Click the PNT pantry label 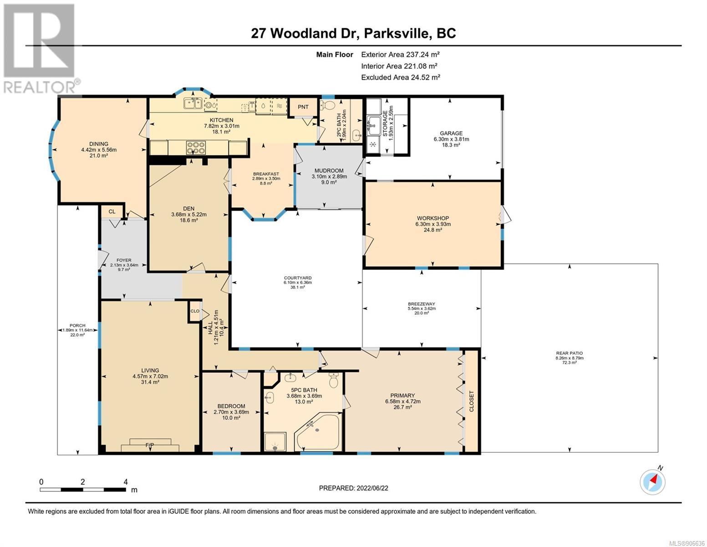303,107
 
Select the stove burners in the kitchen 195,147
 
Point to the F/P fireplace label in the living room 150,445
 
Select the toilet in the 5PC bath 334,380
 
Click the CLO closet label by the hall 194,311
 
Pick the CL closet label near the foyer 112,212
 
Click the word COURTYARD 297,278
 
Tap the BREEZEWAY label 422,304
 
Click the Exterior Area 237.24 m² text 400,54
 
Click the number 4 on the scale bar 126,482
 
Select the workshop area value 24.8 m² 432,230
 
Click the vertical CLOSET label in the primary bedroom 472,401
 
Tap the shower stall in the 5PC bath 275,442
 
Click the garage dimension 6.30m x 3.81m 451,139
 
